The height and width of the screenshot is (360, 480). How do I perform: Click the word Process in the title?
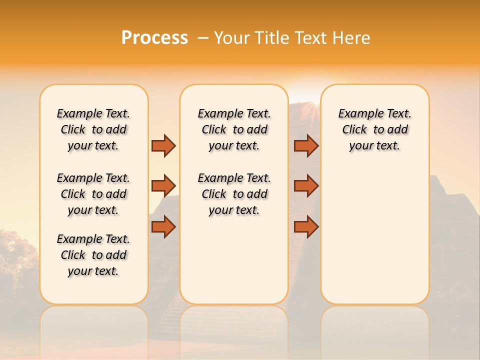coord(154,37)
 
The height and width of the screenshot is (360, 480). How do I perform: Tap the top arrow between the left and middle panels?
coord(163,146)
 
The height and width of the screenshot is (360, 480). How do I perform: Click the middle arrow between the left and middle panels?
coord(163,186)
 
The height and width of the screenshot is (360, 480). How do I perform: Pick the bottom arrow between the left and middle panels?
coord(163,227)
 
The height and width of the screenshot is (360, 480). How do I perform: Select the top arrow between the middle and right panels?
coord(306,146)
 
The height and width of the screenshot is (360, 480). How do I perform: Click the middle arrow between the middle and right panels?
coord(306,186)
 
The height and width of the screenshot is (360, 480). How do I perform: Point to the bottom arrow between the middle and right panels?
coord(306,227)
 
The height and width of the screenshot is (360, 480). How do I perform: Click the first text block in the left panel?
coord(93,129)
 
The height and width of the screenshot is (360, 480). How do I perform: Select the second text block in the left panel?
coord(93,194)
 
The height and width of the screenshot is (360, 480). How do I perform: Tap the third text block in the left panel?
coord(93,255)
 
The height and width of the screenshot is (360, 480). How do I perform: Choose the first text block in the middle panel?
coord(234,129)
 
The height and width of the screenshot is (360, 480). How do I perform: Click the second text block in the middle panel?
coord(234,194)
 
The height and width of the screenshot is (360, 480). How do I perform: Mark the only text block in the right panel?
coord(374,129)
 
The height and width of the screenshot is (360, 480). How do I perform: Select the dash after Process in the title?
coord(203,38)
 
